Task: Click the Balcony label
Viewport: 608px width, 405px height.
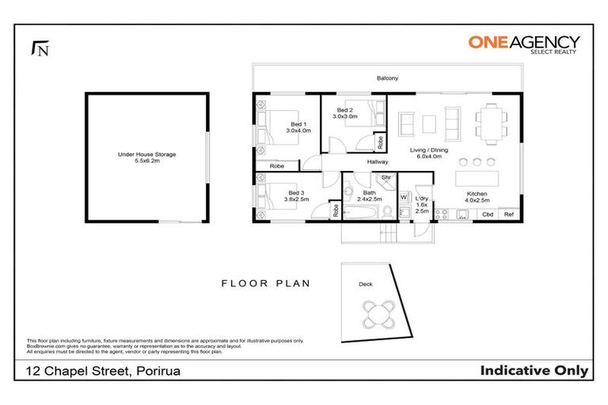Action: point(387,78)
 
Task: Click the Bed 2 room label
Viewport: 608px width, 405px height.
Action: point(346,113)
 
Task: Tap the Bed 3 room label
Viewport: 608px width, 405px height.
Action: point(297,196)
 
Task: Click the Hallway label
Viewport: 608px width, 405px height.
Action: point(377,162)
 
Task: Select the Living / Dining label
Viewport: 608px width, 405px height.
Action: point(428,152)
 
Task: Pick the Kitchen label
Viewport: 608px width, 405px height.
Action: point(477,195)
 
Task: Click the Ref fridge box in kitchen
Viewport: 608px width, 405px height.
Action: point(509,214)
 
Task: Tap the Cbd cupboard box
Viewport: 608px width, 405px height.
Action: point(488,214)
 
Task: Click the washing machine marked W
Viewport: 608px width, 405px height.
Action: point(403,197)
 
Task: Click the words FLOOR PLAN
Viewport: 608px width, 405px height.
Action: point(265,282)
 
